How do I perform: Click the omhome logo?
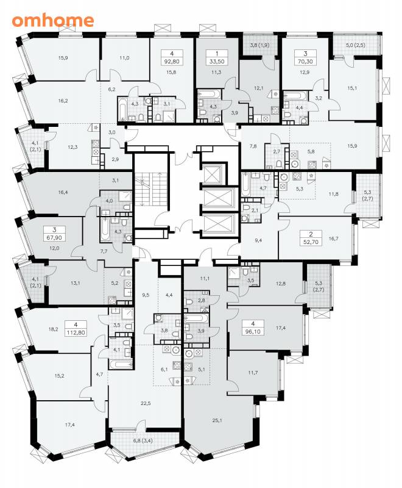click(53, 21)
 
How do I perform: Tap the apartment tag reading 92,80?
click(172, 57)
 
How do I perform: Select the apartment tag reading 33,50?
click(217, 57)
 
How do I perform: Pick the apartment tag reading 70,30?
click(305, 57)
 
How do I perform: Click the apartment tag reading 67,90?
click(54, 234)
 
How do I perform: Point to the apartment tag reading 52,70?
click(311, 238)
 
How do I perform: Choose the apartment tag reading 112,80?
click(76, 328)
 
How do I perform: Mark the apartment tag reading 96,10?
click(253, 328)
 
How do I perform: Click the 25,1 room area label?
click(217, 421)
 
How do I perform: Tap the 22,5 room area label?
click(146, 403)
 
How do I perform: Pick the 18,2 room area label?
click(54, 329)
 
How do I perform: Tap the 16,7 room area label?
click(333, 239)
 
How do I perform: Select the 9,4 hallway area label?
click(258, 240)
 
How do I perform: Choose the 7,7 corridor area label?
click(104, 251)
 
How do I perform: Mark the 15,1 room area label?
click(352, 88)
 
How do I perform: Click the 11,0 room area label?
click(124, 57)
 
